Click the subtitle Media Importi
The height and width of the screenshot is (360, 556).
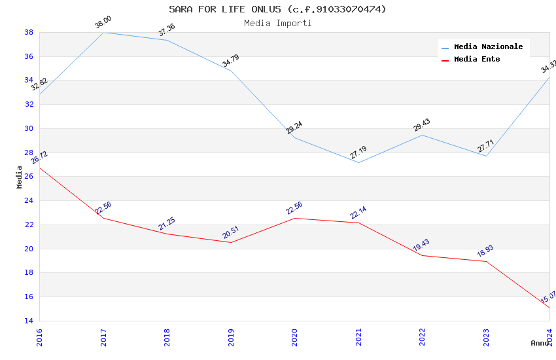(277, 23)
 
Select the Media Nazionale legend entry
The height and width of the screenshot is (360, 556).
(488, 47)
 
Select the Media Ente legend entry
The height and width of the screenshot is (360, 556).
(477, 60)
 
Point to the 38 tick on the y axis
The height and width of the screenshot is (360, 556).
(29, 32)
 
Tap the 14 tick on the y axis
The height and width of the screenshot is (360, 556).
(29, 321)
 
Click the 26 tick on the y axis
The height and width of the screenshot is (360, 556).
(29, 177)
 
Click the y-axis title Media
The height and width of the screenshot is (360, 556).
(20, 177)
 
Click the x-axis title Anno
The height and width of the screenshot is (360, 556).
(540, 343)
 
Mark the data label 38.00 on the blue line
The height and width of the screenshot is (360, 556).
(103, 23)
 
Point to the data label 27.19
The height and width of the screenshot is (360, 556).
(358, 153)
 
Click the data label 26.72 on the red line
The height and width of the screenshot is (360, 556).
(39, 158)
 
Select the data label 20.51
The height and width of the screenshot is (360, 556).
(230, 233)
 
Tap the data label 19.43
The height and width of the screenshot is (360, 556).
(421, 245)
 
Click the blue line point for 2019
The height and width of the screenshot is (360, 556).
(231, 71)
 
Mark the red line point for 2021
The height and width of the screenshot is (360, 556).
(358, 223)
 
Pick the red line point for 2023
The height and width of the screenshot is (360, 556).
(486, 261)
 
